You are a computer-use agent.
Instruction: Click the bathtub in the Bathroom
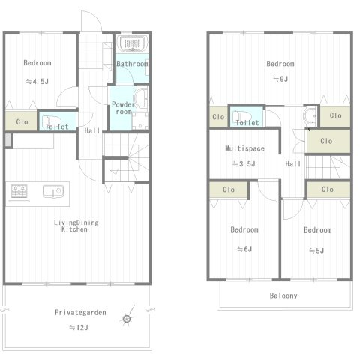(133, 43)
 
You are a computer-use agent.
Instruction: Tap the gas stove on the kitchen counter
(19, 191)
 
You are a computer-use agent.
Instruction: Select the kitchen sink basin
(52, 191)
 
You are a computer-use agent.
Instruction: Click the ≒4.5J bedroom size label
(37, 81)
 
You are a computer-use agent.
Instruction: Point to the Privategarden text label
(80, 312)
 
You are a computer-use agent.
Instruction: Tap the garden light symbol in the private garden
(127, 318)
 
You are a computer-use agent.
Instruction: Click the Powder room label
(123, 108)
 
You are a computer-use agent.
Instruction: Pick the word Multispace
(245, 148)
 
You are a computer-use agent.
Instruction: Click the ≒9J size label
(280, 79)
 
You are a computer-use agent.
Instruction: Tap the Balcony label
(283, 295)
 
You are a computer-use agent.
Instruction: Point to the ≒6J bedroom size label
(244, 249)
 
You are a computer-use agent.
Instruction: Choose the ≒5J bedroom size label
(316, 250)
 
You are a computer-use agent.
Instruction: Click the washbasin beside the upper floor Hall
(310, 116)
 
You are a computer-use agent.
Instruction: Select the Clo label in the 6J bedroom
(229, 190)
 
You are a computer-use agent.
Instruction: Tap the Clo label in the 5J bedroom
(328, 189)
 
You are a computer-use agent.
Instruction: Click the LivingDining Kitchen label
(76, 226)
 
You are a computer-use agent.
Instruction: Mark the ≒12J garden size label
(79, 327)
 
